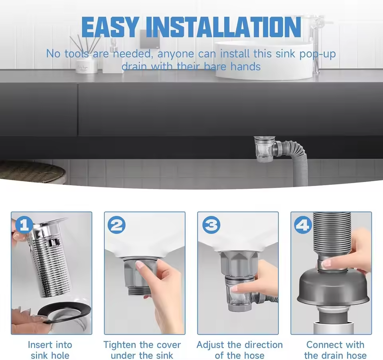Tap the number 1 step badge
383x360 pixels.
(24, 225)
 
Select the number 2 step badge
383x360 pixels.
(117, 225)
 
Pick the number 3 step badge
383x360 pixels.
(211, 225)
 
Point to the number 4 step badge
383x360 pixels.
(303, 225)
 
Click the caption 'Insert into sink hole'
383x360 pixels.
(50, 350)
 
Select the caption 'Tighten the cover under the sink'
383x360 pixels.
(142, 350)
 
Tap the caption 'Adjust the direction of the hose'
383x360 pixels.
(240, 350)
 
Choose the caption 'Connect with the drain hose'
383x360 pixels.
(335, 350)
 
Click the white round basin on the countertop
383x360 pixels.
(264, 60)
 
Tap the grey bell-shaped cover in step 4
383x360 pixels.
(334, 289)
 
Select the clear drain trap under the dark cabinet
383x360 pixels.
(265, 150)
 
